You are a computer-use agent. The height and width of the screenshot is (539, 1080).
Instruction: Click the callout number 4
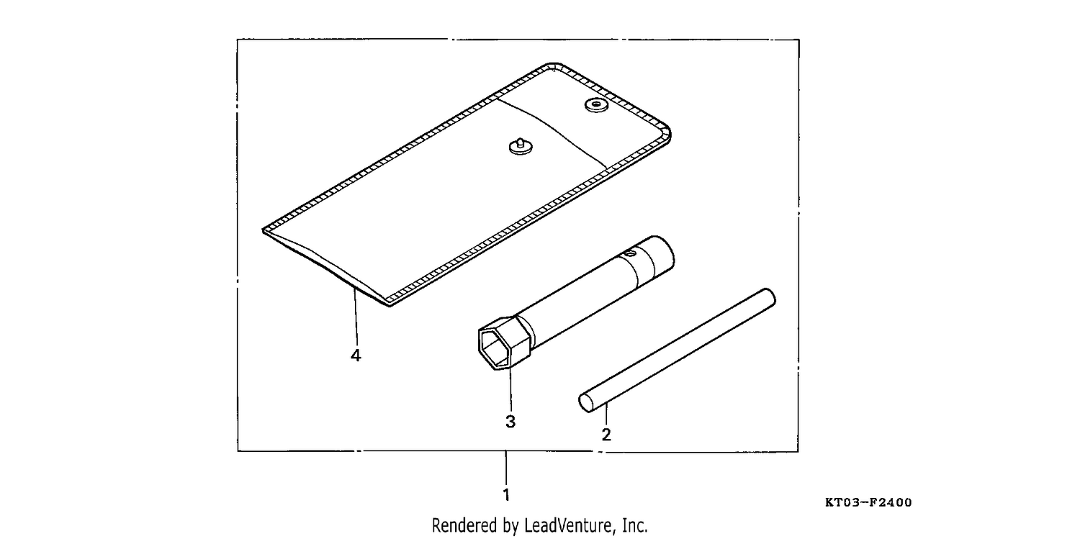[356, 355]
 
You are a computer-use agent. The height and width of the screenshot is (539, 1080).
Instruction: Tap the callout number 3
[510, 422]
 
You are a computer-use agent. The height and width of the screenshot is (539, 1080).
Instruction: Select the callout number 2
[606, 435]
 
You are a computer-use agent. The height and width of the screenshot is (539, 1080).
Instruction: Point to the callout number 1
[506, 494]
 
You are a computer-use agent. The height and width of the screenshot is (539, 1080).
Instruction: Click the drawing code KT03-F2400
[868, 502]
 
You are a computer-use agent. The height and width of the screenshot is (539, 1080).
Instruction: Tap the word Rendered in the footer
[464, 525]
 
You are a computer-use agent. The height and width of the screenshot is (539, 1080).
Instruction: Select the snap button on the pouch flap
[596, 104]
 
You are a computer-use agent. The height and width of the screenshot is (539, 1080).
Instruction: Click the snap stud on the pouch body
[521, 146]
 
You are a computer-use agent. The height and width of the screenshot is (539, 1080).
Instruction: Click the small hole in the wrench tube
[629, 253]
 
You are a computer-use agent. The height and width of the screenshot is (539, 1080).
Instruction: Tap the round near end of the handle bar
[586, 403]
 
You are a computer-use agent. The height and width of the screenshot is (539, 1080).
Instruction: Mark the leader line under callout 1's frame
[505, 468]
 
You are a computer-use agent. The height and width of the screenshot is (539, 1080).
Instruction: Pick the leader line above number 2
[606, 415]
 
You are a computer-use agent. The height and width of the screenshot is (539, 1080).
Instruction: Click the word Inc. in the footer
[635, 525]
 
